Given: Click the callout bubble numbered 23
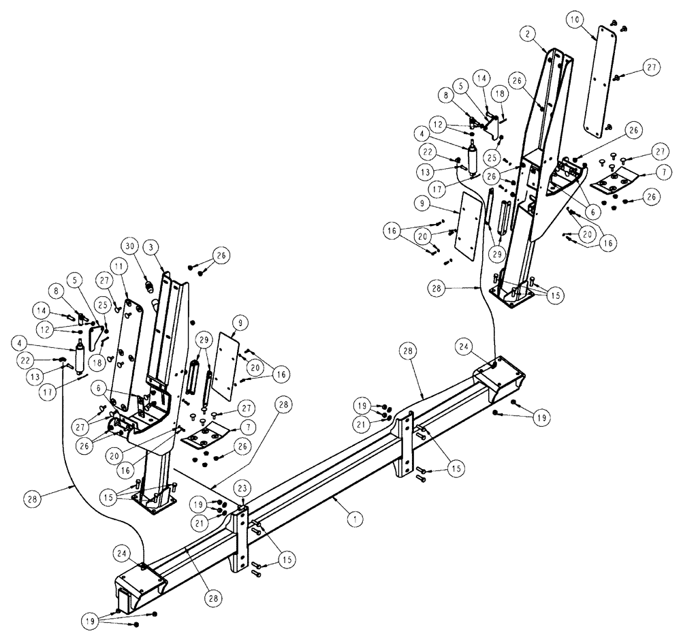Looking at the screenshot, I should click(243, 487).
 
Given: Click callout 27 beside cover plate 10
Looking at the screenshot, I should click(651, 67).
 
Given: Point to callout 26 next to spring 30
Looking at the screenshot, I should click(221, 257).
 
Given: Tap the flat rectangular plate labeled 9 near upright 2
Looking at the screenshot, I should click(469, 225).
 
